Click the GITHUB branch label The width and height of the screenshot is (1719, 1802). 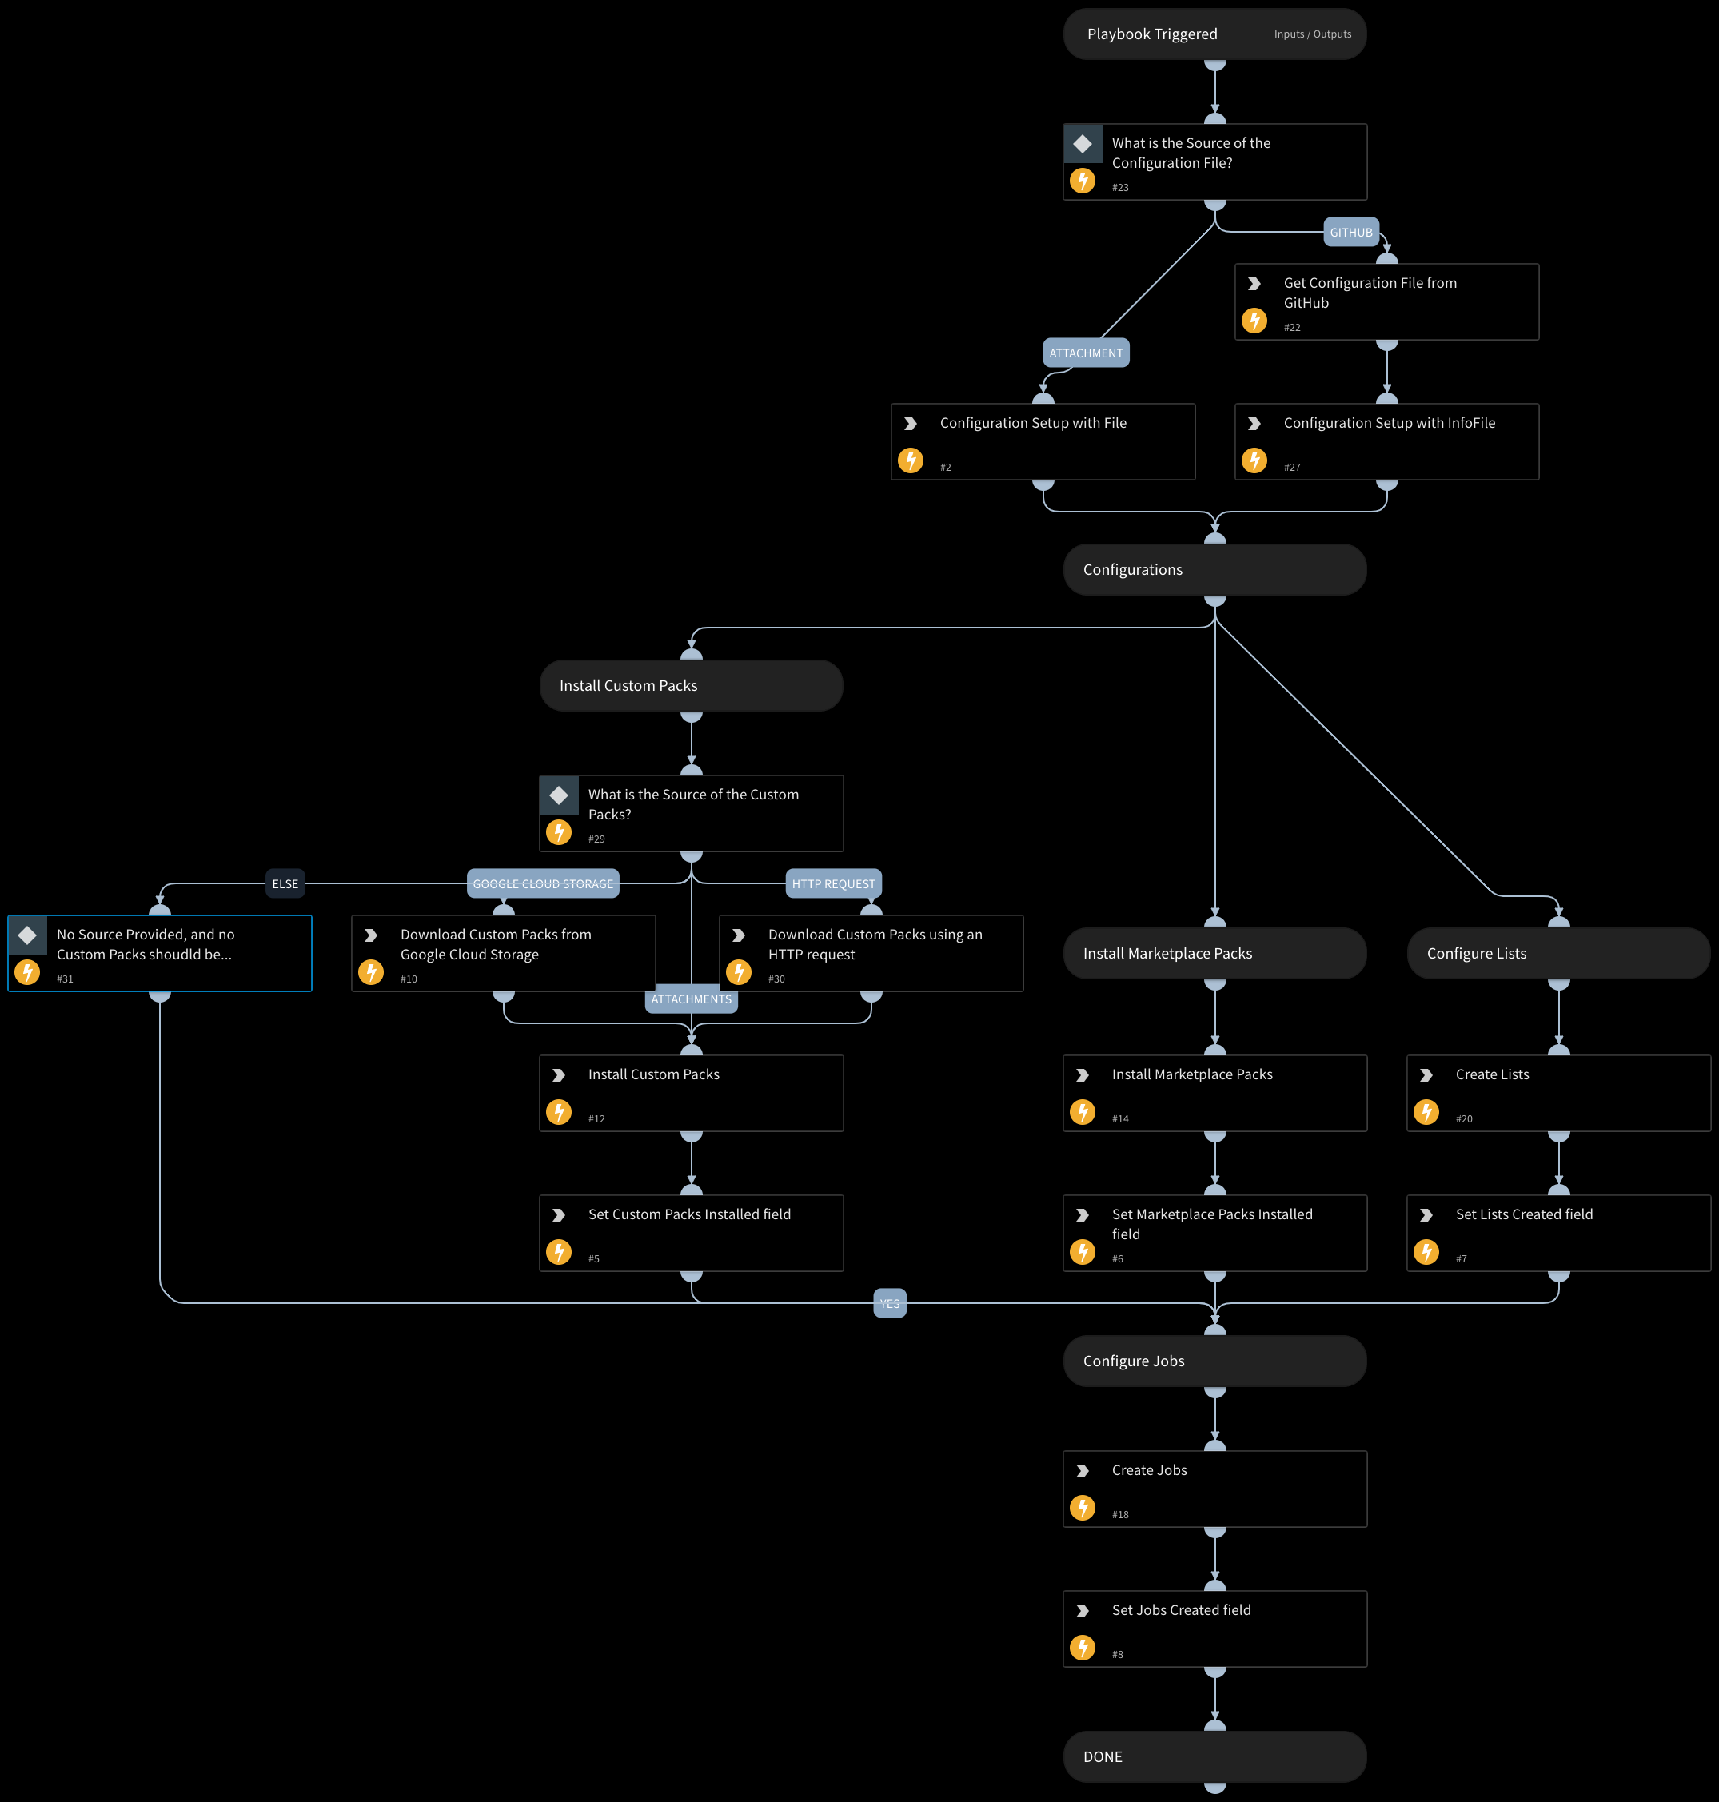tap(1350, 233)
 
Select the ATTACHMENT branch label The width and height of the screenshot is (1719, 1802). tap(1086, 353)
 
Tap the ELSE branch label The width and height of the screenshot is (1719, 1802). tap(285, 884)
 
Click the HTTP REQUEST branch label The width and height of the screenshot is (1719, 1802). tap(833, 884)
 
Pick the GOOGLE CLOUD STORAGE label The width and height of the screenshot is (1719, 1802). tap(542, 884)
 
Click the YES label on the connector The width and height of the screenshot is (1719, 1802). tap(890, 1304)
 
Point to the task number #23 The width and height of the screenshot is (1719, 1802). tap(1119, 188)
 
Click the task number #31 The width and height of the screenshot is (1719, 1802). tap(65, 979)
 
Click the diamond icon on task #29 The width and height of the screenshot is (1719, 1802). tap(559, 795)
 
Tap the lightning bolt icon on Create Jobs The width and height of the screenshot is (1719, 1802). tap(1082, 1508)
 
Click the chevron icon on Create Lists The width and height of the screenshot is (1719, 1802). tap(1426, 1075)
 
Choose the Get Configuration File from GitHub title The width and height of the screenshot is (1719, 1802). tap(1369, 293)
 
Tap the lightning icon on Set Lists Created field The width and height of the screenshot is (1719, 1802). tap(1426, 1251)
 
